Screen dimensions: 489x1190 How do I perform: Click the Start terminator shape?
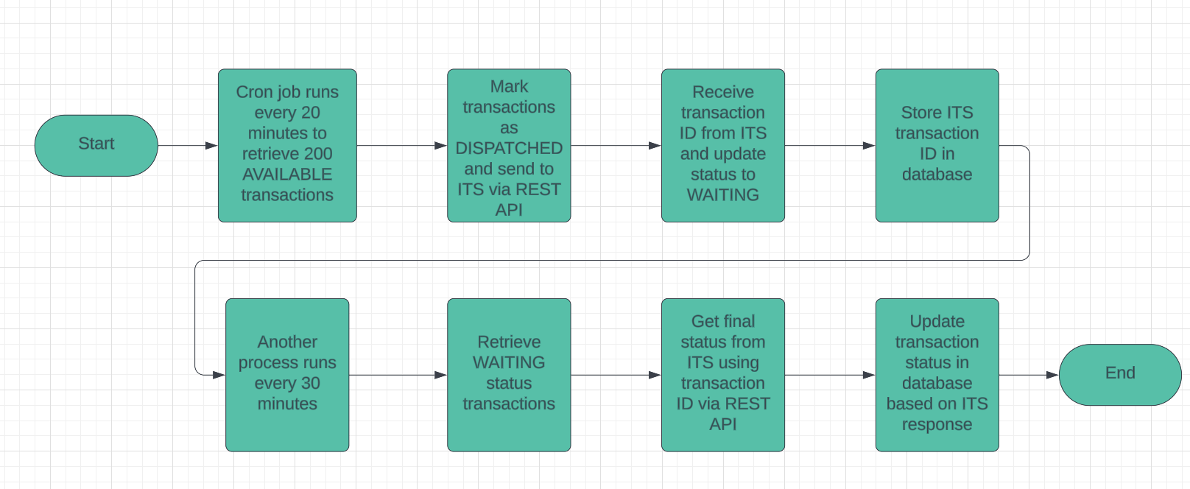[x=96, y=145]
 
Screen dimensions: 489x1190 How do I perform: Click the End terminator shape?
[x=1119, y=374]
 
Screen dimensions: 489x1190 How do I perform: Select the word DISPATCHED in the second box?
[x=509, y=149]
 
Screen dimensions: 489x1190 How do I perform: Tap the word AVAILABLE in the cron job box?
[x=287, y=175]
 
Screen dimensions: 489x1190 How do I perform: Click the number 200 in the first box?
[x=317, y=154]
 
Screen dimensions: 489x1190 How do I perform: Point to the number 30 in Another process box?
[x=310, y=384]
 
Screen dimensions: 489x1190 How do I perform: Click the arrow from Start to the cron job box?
[x=188, y=146]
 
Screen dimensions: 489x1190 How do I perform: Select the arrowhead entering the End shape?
[x=1052, y=375]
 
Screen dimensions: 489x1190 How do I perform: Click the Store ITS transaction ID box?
[x=937, y=145]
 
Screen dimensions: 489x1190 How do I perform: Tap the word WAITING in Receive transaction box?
[x=722, y=195]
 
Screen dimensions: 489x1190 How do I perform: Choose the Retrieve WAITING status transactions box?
[x=509, y=374]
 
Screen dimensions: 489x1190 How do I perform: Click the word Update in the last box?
[x=937, y=322]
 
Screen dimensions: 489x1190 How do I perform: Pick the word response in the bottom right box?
[x=937, y=425]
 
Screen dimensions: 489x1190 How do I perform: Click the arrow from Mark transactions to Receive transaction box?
[x=616, y=146]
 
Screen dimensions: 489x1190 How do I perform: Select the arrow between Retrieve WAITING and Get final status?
[x=616, y=375]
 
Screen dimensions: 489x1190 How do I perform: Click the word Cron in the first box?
[x=254, y=92]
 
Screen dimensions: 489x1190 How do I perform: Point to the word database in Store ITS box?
[x=937, y=175]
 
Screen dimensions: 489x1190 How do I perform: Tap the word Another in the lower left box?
[x=287, y=342]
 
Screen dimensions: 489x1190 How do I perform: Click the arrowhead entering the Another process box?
[x=219, y=375]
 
